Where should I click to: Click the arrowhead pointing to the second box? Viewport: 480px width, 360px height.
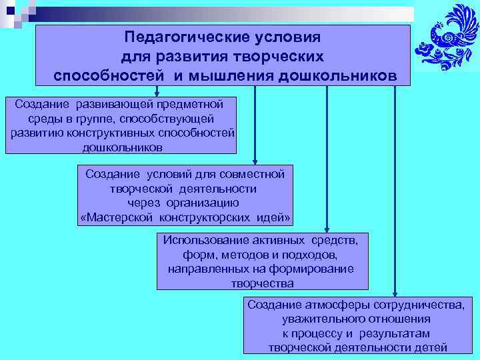[x=255, y=160]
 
